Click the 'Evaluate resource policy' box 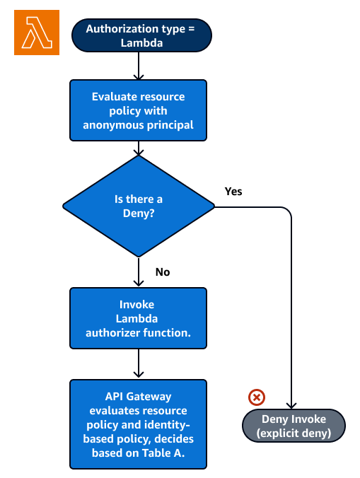[139, 110]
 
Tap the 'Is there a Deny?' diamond [139, 206]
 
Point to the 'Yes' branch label [233, 192]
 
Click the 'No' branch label [162, 272]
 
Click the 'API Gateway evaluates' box [139, 424]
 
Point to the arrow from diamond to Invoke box [139, 272]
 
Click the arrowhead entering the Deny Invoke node [291, 404]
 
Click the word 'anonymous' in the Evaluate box [120, 124]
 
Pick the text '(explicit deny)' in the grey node [294, 433]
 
